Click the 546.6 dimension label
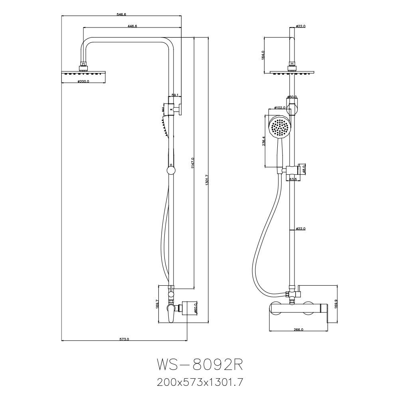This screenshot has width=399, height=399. pyautogui.click(x=121, y=14)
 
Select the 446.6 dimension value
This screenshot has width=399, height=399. pyautogui.click(x=132, y=26)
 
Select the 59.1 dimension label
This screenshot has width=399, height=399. pyautogui.click(x=175, y=95)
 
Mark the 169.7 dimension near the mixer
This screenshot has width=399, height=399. pyautogui.click(x=157, y=305)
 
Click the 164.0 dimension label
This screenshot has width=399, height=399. pyautogui.click(x=263, y=55)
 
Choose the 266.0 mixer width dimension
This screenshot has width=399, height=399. pyautogui.click(x=298, y=330)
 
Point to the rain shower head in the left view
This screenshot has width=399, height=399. pyautogui.click(x=83, y=73)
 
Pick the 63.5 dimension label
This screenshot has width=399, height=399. pyautogui.click(x=293, y=179)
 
